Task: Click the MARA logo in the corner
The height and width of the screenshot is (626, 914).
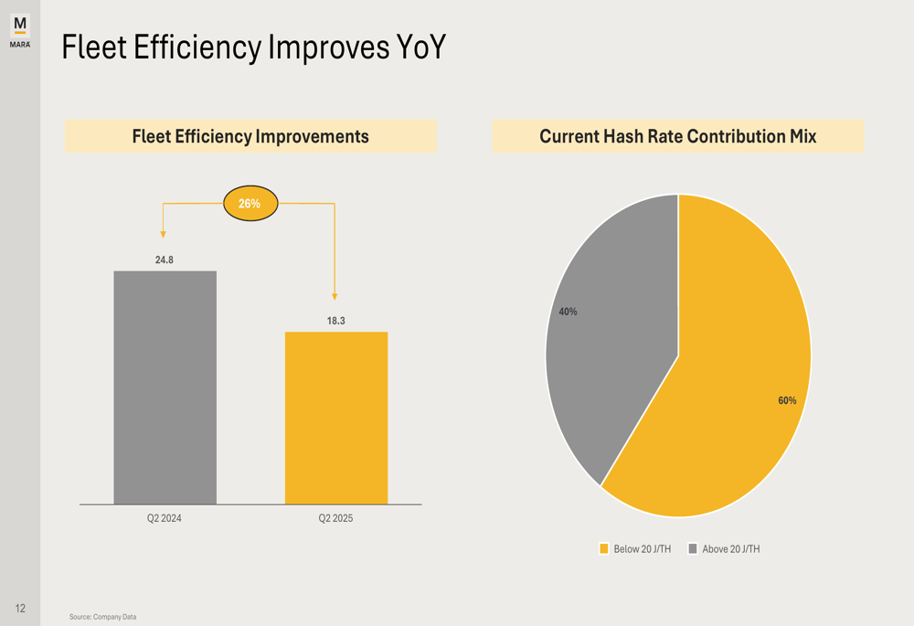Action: pos(20,30)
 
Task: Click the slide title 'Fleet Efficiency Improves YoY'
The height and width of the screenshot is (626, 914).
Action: pos(253,48)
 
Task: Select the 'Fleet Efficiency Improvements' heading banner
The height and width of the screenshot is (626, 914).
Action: pos(250,136)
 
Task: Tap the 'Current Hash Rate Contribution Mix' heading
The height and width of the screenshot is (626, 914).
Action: pos(677,136)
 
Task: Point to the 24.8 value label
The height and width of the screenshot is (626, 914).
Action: pos(165,260)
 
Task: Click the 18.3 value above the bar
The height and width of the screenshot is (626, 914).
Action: pos(335,321)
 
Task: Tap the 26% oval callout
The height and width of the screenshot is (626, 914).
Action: pos(250,204)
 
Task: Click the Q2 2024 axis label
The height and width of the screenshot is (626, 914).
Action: pos(165,518)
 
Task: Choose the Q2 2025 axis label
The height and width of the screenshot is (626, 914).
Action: pos(335,518)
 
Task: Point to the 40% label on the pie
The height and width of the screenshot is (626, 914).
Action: pos(568,312)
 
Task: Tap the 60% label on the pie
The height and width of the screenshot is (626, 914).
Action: pos(787,400)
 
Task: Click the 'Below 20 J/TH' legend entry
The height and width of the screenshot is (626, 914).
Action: pos(635,549)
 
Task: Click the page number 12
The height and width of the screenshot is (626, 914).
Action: pos(20,608)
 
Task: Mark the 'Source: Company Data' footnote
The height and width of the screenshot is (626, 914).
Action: pos(102,617)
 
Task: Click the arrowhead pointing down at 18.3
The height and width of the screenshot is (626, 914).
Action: pos(335,296)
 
